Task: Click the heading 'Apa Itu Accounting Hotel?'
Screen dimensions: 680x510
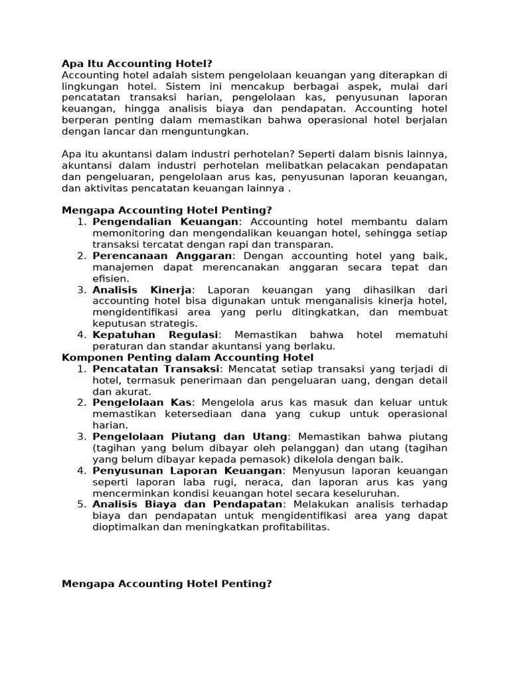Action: tap(137, 64)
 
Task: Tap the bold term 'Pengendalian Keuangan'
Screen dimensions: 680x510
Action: tap(165, 221)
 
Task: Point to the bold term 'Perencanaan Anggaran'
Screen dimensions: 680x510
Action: tap(163, 256)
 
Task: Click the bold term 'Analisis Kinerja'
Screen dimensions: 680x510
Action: tap(142, 290)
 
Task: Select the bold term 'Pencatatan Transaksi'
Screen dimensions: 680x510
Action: tap(155, 369)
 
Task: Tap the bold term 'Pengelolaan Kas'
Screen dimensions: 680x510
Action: tap(142, 402)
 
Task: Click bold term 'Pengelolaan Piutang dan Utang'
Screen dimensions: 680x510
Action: tap(191, 436)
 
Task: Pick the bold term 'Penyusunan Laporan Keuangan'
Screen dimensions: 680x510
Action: tap(187, 470)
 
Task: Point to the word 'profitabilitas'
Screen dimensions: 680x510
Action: tap(292, 527)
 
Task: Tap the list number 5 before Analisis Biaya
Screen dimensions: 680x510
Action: tap(82, 504)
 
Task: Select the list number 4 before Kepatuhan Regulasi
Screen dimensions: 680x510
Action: tap(82, 335)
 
